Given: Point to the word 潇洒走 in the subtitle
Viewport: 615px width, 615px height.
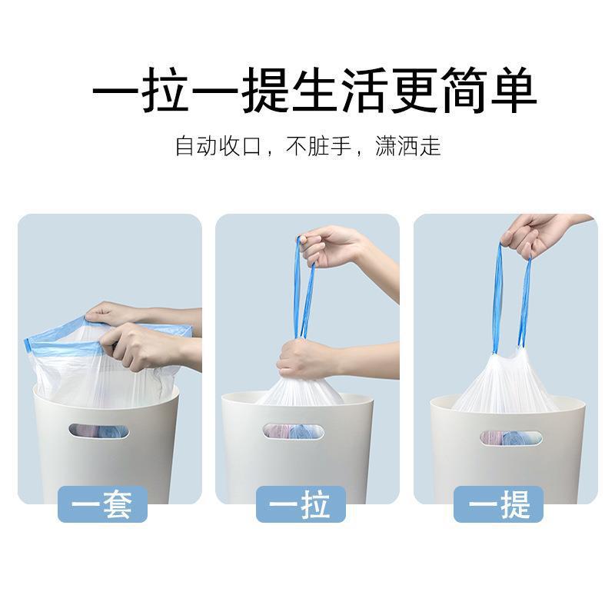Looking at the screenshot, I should (x=407, y=146).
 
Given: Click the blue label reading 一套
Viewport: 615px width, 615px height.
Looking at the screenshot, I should (x=103, y=505).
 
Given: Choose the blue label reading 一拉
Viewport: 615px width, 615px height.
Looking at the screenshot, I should (x=301, y=505).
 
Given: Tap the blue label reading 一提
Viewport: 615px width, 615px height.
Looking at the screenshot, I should (x=498, y=505).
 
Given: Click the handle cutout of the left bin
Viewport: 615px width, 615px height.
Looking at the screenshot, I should (x=99, y=431).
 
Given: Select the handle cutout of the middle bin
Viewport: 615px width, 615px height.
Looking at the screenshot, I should (x=294, y=431).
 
